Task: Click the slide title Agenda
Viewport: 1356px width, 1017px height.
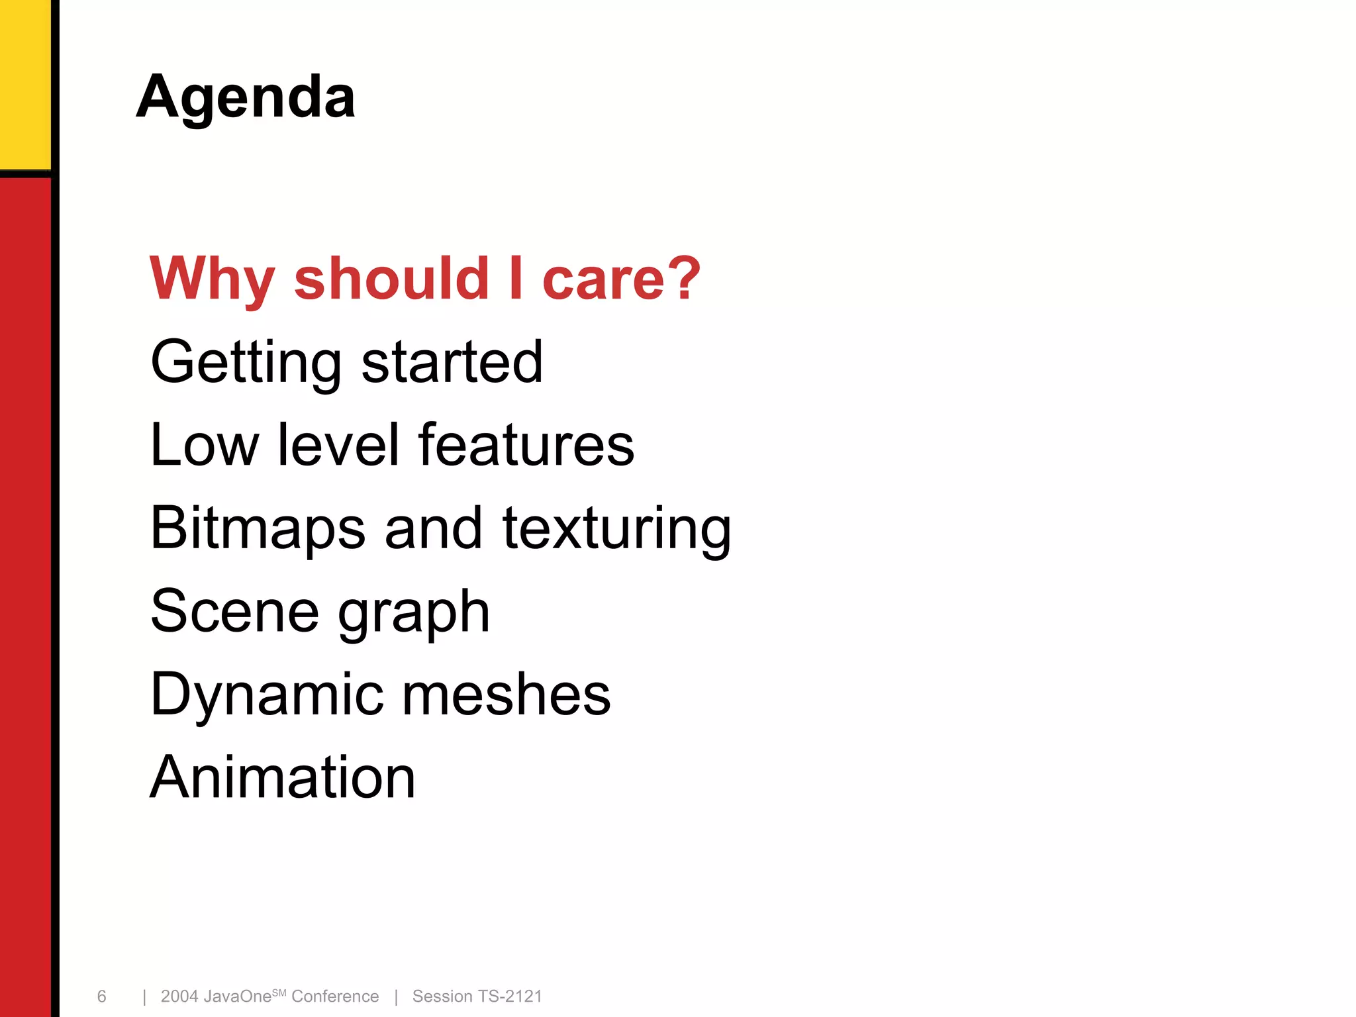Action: coord(246,97)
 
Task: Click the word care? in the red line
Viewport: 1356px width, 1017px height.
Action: coord(621,279)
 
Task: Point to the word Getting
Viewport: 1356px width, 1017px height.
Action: coord(246,362)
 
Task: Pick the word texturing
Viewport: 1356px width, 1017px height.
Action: coord(617,528)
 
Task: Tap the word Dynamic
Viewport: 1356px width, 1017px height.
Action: coord(266,695)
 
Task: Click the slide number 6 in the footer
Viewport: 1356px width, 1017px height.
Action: coord(101,996)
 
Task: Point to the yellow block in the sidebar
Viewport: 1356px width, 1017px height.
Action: coord(25,83)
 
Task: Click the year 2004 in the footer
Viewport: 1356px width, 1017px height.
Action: coord(179,996)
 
